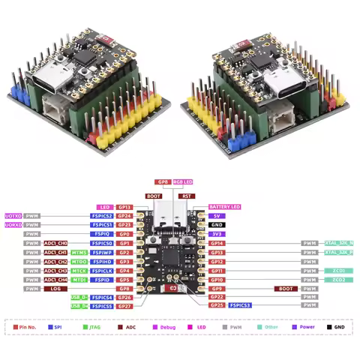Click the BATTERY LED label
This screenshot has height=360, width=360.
224,206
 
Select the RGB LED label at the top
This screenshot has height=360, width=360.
183,181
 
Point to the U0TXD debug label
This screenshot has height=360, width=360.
13,215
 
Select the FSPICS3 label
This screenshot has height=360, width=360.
240,305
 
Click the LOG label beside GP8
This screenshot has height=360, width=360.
55,288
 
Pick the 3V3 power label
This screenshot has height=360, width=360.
217,233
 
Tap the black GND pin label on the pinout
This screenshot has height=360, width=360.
217,224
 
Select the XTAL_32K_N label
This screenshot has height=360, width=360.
339,243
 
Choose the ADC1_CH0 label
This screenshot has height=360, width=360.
55,243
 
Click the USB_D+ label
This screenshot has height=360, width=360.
79,297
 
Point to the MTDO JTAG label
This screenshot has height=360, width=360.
79,261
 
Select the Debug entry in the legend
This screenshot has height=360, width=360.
169,328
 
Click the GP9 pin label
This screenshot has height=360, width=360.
217,288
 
